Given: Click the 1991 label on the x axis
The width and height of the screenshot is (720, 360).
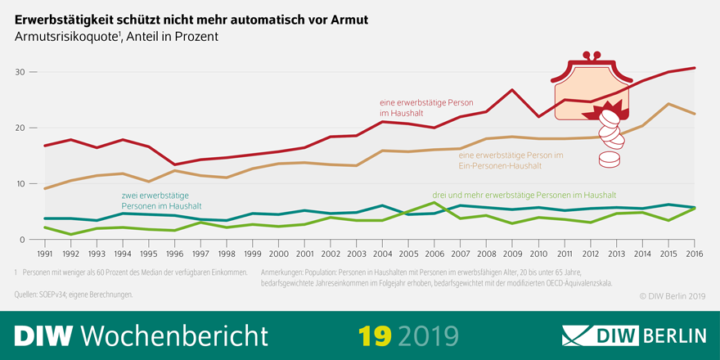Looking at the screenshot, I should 45,254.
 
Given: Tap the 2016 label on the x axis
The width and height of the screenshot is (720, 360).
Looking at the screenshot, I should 695,254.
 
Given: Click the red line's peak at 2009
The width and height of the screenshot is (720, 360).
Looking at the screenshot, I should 511,90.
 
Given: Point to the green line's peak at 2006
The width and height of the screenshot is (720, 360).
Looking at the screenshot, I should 434,202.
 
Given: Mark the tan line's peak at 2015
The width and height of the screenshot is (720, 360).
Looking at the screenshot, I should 668,104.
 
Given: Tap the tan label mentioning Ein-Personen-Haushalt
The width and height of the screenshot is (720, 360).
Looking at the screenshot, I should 511,160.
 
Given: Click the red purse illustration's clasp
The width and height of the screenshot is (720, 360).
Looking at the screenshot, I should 592,59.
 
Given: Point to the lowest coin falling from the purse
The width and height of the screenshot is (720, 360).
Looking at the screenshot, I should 609,161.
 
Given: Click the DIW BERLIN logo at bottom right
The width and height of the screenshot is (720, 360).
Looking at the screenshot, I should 633,335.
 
